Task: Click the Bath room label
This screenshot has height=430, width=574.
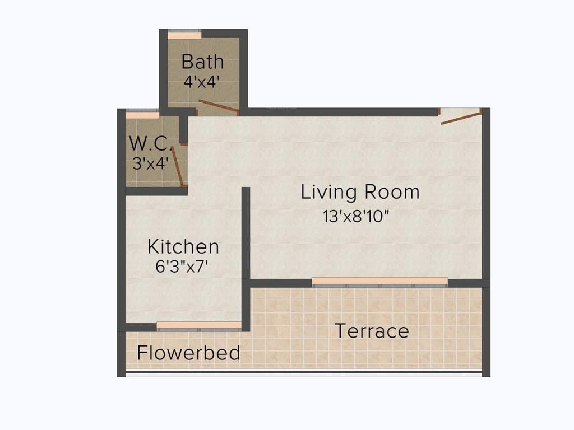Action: tap(202, 61)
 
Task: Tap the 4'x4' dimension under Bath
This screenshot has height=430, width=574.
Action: tap(202, 81)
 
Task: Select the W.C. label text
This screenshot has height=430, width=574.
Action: tap(150, 143)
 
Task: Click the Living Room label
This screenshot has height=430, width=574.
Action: tap(360, 192)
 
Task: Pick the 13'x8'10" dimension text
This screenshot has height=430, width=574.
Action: tap(356, 216)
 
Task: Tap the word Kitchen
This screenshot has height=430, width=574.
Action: tap(183, 246)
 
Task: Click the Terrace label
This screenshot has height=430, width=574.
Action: tap(372, 330)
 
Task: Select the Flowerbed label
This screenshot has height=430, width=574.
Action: tap(188, 353)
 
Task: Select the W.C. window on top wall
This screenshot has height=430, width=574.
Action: tap(142, 115)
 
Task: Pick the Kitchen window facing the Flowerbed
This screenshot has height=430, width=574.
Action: tap(198, 325)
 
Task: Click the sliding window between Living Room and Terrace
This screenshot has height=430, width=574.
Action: tap(379, 282)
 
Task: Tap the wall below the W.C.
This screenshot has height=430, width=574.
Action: tap(156, 191)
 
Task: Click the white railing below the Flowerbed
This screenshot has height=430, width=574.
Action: tap(303, 374)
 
